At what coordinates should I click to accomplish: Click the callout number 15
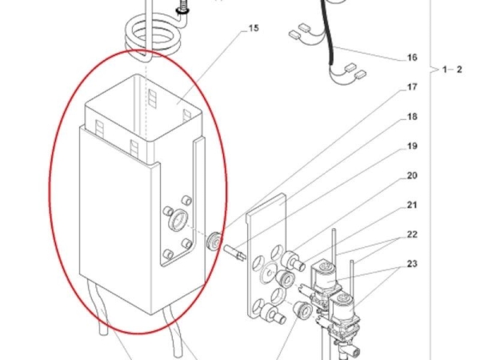click(254, 28)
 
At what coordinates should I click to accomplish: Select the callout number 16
click(412, 58)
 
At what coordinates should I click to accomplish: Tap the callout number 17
click(412, 87)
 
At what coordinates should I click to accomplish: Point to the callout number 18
click(412, 117)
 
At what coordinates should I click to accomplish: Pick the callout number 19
click(412, 146)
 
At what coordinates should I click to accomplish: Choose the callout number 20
click(412, 175)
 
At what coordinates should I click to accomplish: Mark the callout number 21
click(412, 205)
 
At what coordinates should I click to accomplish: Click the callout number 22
click(412, 234)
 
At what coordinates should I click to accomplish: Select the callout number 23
click(412, 263)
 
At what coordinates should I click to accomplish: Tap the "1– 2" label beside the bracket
click(452, 70)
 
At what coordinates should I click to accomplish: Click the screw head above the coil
click(182, 10)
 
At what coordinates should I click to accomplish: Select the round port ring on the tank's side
click(178, 221)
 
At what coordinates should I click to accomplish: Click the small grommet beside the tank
click(214, 242)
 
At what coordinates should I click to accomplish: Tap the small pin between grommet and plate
click(235, 253)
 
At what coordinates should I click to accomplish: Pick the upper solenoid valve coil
click(325, 277)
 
